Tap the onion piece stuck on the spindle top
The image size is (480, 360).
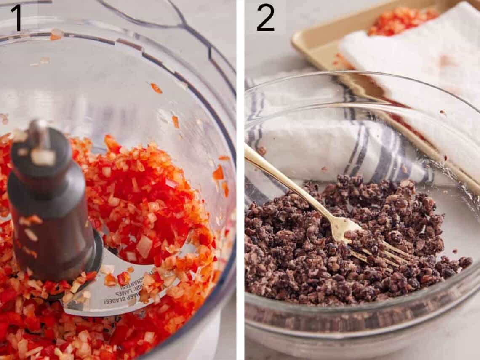pyautogui.click(x=43, y=157)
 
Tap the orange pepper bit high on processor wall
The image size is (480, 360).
pyautogui.click(x=156, y=88)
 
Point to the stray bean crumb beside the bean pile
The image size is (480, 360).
pyautogui.click(x=465, y=262)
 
